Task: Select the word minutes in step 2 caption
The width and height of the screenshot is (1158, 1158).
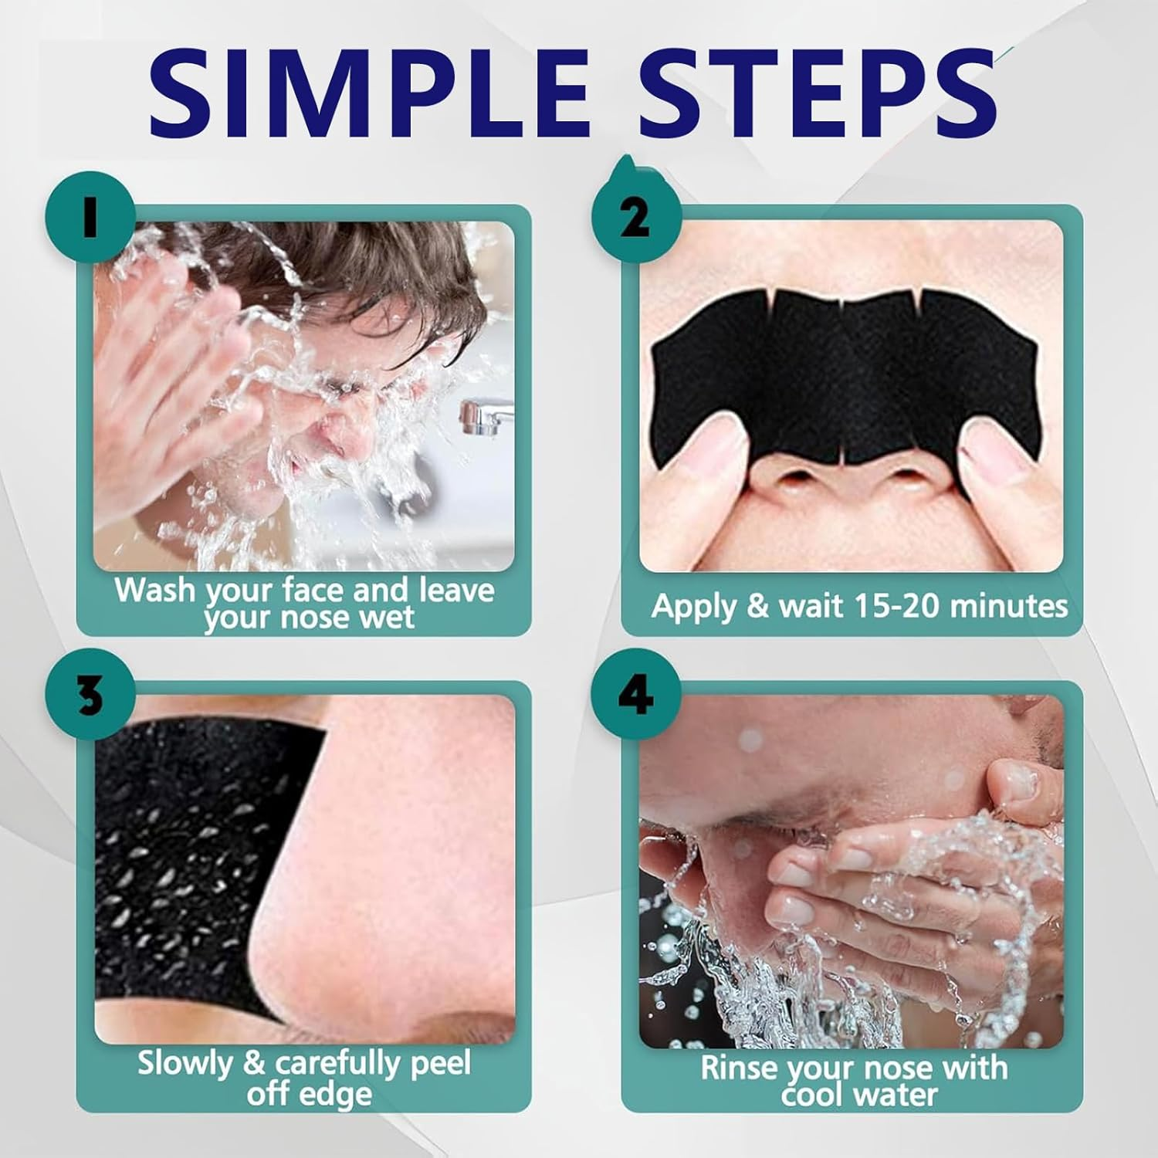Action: pos(1008,606)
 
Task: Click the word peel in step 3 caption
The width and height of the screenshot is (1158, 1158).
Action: pos(441,1065)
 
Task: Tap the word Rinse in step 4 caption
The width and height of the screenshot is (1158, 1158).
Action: pos(740,1068)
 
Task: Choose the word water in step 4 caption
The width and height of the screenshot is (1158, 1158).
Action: pos(895,1095)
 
